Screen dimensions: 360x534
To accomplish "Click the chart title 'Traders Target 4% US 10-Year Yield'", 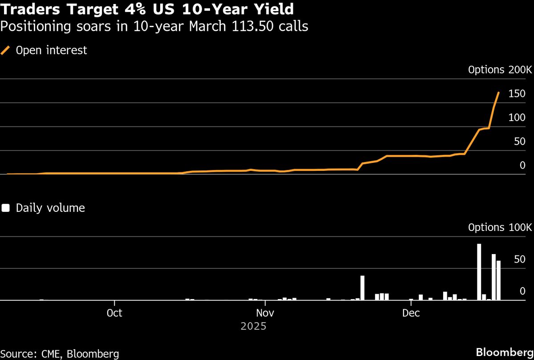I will (x=147, y=9).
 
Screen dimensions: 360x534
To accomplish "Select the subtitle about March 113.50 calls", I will (x=154, y=27).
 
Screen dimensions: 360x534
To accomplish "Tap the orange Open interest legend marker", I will (x=6, y=50).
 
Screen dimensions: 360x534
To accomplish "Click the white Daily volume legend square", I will (x=6, y=208).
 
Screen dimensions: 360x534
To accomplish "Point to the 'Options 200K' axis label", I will (x=500, y=70).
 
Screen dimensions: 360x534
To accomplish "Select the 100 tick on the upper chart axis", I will (x=517, y=118).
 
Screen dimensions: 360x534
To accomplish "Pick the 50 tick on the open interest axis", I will (x=520, y=142).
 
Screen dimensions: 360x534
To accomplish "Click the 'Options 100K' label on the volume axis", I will (x=500, y=227).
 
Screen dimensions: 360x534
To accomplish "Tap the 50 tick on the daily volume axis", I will (x=520, y=259).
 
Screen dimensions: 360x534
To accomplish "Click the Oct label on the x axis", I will (x=114, y=313).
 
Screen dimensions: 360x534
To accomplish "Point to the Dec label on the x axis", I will (x=411, y=313).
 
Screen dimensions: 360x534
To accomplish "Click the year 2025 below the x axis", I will (x=254, y=326).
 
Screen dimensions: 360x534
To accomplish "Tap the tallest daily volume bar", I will (x=479, y=272).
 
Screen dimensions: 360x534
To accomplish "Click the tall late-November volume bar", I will (x=362, y=288).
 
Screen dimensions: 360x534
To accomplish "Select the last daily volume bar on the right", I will (x=498, y=280).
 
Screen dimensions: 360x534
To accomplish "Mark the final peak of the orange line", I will (x=498, y=93).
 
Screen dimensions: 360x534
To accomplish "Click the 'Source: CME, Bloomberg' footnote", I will (x=60, y=354).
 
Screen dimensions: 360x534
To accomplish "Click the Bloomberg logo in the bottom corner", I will (x=504, y=352).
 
